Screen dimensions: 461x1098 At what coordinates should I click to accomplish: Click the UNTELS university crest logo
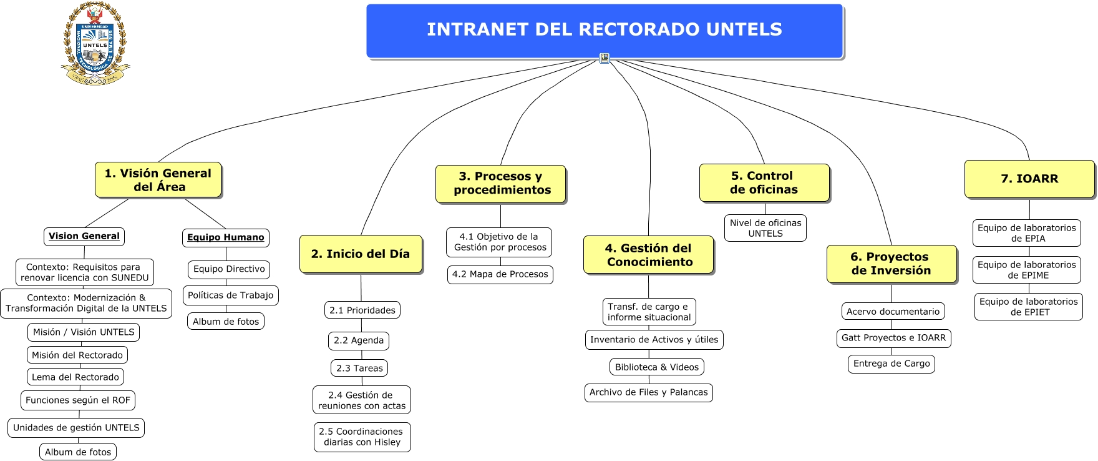point(95,44)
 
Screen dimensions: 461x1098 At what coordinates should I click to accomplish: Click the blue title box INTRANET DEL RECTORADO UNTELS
point(604,30)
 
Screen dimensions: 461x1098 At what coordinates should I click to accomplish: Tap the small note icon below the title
point(604,58)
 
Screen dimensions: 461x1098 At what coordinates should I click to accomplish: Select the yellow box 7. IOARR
point(1029,179)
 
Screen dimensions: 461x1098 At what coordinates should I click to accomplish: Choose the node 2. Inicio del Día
point(361,254)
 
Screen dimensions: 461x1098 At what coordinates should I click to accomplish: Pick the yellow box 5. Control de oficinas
point(764,183)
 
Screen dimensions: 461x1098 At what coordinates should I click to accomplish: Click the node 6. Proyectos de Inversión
point(891,264)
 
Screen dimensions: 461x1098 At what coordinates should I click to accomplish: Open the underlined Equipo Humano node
point(226,237)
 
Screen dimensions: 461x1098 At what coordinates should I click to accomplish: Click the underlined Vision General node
point(84,236)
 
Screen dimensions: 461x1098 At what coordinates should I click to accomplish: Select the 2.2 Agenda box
point(359,340)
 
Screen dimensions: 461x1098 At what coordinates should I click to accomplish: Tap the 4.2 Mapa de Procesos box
point(500,274)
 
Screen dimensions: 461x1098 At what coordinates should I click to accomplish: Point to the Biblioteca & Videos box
point(657,367)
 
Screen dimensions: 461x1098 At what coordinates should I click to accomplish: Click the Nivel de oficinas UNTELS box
point(765,228)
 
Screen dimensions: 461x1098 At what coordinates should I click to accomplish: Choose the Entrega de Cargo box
point(892,364)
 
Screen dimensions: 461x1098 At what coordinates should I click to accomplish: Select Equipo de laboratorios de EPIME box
point(1027,270)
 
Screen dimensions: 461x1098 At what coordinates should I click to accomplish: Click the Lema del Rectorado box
point(75,377)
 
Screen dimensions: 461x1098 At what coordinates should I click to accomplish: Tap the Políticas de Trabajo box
point(231,295)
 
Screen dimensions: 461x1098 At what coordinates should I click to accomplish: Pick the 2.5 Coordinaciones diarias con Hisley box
point(362,437)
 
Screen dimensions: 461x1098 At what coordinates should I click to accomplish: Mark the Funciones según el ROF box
point(78,400)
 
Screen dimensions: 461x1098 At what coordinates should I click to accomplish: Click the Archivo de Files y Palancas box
point(649,392)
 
